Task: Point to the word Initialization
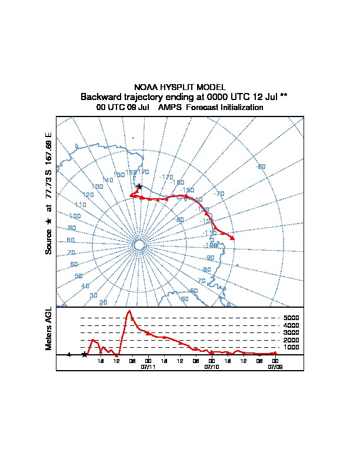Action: click(x=237, y=108)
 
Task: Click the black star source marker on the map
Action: click(x=139, y=187)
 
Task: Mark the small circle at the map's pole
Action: click(x=139, y=245)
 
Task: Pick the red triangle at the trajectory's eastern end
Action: click(x=233, y=238)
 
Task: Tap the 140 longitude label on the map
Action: click(x=108, y=180)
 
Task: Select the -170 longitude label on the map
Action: click(x=166, y=177)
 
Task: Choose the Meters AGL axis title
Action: click(x=49, y=328)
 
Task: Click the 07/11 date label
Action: click(x=148, y=366)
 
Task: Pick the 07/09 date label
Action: click(x=275, y=366)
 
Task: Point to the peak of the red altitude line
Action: click(x=129, y=311)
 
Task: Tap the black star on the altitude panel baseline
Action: click(x=85, y=355)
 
